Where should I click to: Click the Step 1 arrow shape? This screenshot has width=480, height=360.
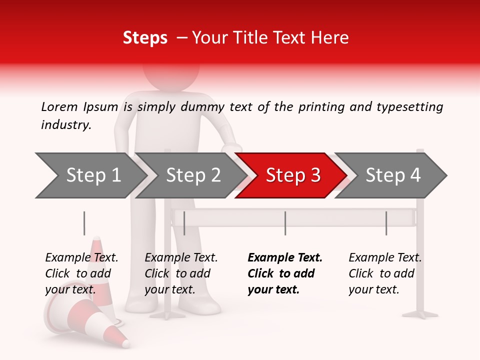[x=90, y=175]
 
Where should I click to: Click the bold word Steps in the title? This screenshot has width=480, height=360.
[x=145, y=38]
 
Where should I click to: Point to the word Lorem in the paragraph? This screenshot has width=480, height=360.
[x=59, y=107]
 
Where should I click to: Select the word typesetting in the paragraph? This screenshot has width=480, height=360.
[x=409, y=107]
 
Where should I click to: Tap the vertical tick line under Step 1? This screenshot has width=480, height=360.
[x=84, y=223]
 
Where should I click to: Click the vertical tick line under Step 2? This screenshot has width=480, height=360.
[x=184, y=223]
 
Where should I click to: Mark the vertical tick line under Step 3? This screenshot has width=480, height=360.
[x=285, y=223]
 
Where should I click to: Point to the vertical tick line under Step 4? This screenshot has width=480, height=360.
[x=386, y=223]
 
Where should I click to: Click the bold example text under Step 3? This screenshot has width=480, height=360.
[x=285, y=273]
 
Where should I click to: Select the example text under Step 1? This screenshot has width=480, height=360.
[x=81, y=273]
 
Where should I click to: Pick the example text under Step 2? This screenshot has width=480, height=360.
[x=181, y=273]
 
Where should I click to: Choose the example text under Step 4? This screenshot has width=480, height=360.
[x=385, y=273]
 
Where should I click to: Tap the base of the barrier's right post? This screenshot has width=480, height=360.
[x=420, y=314]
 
